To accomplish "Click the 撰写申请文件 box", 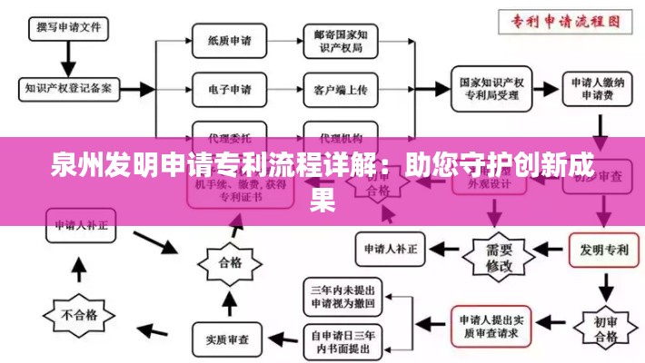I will (68, 26).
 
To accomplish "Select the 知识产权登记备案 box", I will (68, 89).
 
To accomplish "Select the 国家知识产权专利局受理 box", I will (492, 88).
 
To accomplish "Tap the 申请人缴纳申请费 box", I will (597, 89).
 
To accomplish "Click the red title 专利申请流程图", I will (568, 20).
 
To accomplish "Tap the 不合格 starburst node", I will (78, 316).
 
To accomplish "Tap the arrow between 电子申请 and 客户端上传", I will (281, 89).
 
